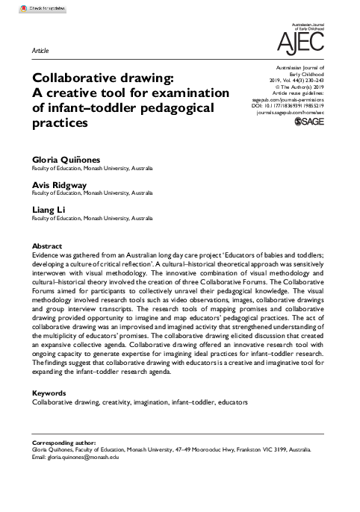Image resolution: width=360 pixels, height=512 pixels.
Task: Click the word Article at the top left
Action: click(x=41, y=50)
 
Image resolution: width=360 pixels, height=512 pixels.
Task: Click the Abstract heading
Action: click(x=47, y=246)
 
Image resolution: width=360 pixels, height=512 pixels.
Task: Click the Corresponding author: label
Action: click(x=63, y=443)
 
